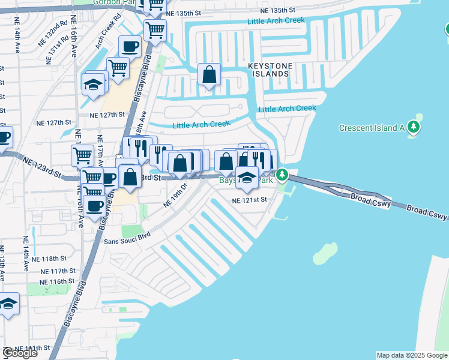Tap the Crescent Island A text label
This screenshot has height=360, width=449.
[x=372, y=128]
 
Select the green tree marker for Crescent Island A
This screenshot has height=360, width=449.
[x=413, y=127]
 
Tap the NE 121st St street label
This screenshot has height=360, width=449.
[x=249, y=200]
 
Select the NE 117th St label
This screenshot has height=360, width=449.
[x=58, y=271]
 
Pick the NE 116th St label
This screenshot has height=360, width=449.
[x=58, y=281]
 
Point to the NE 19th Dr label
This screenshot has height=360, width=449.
[x=176, y=196]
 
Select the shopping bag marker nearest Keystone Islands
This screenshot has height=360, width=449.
[x=209, y=75]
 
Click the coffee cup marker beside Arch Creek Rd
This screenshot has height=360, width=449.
[x=130, y=46]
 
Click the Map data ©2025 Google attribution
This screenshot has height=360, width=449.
[x=411, y=355]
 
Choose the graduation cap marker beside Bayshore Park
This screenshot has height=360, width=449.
[x=246, y=177]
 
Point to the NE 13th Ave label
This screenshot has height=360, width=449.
[x=3, y=264]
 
